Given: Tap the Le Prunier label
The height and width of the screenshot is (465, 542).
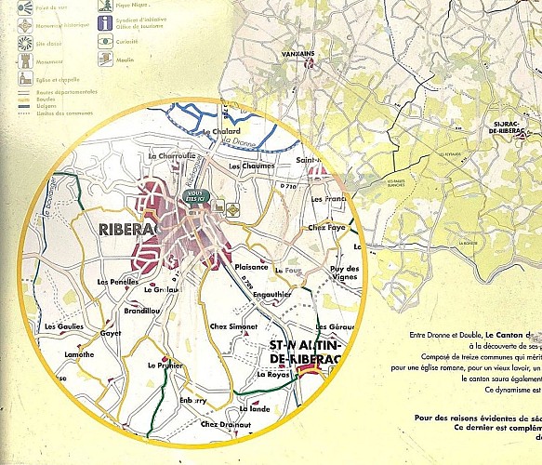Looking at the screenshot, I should point(164,365).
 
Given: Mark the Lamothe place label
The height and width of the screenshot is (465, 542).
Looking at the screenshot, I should point(78,354).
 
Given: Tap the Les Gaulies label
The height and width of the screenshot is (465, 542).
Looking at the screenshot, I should point(62,327).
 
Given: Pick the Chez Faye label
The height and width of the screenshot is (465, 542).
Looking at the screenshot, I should point(326,227).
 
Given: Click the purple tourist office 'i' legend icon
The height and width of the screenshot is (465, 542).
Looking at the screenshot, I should point(107,22).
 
